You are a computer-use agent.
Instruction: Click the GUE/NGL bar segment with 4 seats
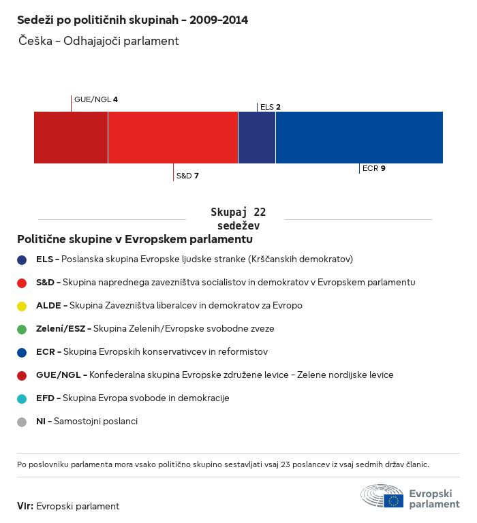[71, 138]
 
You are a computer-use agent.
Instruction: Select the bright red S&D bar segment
[173, 138]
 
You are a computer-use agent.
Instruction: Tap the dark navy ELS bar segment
[257, 138]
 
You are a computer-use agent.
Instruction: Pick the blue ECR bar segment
[359, 138]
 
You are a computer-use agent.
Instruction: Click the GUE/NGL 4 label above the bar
[96, 99]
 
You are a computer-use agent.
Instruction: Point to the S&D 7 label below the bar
[187, 176]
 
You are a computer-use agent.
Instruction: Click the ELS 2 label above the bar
[271, 107]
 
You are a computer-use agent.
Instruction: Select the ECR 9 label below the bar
[374, 168]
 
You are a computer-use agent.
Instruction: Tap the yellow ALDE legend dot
[22, 306]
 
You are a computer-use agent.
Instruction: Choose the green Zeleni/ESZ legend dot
[22, 329]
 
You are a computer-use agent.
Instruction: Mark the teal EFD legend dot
[22, 398]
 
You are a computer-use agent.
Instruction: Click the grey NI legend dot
[22, 422]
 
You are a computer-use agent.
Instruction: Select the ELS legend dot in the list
[22, 259]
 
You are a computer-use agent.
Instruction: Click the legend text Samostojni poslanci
[95, 422]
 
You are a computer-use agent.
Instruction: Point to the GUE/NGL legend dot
[22, 375]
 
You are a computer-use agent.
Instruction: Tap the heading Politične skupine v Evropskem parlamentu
[135, 240]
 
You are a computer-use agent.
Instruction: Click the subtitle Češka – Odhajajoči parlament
[99, 41]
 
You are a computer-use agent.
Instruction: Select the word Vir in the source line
[25, 506]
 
